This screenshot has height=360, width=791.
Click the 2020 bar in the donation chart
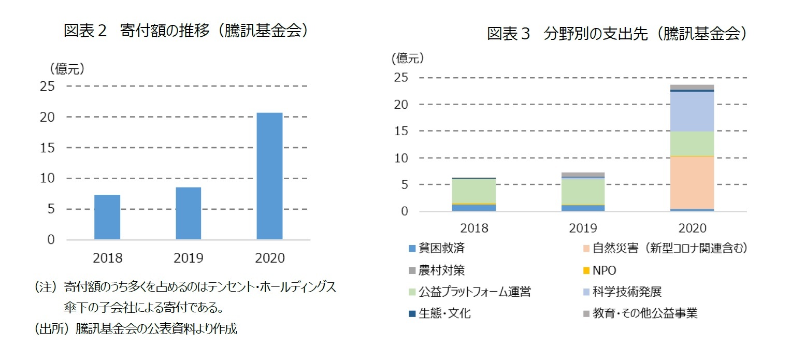pos(269,176)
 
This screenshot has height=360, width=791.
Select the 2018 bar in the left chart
pos(107,217)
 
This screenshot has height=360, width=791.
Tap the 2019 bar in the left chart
pos(188,213)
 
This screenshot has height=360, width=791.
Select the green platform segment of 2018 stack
pos(473,191)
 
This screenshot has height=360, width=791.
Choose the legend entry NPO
pos(603,270)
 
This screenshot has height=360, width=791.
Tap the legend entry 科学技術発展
pos(627,292)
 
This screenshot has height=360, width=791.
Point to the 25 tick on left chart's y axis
pos(47,87)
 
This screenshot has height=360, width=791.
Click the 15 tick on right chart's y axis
pos(401,131)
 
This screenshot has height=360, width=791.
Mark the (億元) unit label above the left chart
pos(67,68)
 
